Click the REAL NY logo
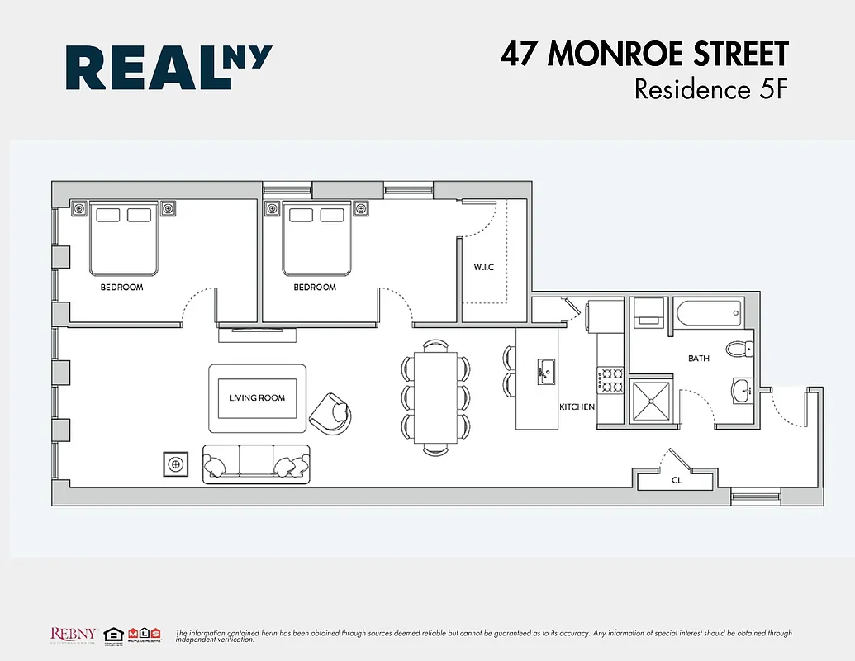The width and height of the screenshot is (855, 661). tap(169, 68)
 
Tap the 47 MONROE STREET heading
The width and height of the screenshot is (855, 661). tap(644, 55)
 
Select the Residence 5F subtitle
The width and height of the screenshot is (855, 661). tap(710, 88)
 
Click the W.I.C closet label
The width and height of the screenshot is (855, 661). tap(484, 267)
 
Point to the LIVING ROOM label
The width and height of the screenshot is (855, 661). tap(257, 397)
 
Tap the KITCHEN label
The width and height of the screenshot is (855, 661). tap(577, 407)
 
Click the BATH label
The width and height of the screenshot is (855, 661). tap(699, 359)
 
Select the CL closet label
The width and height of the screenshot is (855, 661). tap(676, 479)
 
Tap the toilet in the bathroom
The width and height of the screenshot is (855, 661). tap(740, 349)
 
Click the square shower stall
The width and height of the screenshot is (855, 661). tap(653, 400)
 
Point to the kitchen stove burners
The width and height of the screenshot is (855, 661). tap(611, 380)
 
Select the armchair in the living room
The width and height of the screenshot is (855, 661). tap(332, 411)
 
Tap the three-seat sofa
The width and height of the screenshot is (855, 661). tap(256, 464)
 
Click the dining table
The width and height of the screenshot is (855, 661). tap(435, 397)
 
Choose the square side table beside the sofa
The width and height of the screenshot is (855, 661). tap(175, 464)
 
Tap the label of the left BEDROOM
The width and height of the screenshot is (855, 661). tap(121, 288)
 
